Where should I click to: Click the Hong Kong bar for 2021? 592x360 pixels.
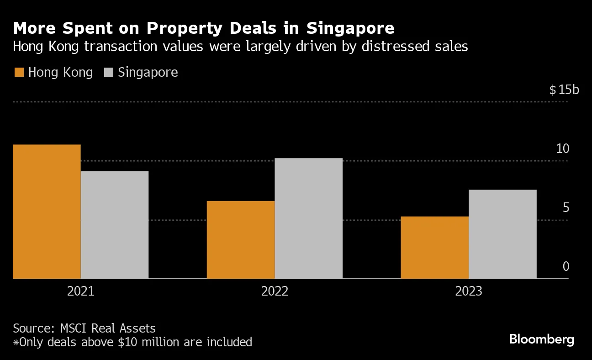click(x=47, y=212)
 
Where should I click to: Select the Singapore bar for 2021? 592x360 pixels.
click(x=115, y=225)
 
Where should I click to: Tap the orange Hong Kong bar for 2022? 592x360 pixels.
click(x=241, y=240)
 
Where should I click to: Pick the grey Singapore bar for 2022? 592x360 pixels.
click(x=309, y=218)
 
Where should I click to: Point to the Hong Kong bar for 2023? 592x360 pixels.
click(x=435, y=248)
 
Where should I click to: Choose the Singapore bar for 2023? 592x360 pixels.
click(x=502, y=234)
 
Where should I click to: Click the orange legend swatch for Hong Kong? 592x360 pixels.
click(x=19, y=73)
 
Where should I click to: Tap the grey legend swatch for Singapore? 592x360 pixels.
click(x=109, y=73)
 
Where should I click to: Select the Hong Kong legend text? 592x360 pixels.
click(x=60, y=73)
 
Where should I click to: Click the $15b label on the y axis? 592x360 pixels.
click(x=564, y=90)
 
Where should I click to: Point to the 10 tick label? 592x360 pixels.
click(x=563, y=148)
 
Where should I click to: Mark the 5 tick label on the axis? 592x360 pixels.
click(x=566, y=207)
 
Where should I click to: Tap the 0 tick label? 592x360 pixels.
click(x=566, y=266)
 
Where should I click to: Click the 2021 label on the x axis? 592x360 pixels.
click(x=80, y=291)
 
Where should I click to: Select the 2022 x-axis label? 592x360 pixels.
click(x=275, y=291)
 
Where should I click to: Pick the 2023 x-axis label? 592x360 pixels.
click(x=469, y=291)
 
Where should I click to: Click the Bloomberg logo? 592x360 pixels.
click(x=541, y=339)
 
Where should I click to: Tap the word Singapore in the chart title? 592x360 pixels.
click(x=350, y=28)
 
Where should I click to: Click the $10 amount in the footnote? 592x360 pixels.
click(x=127, y=342)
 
